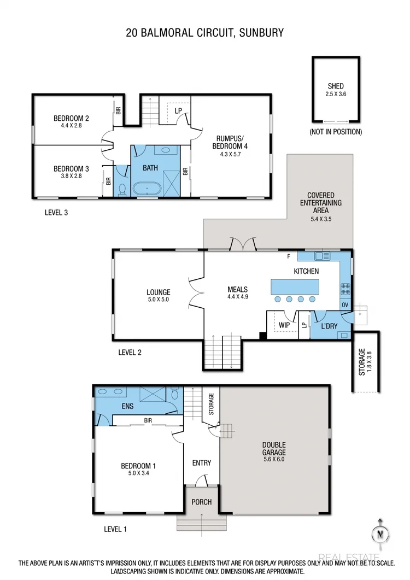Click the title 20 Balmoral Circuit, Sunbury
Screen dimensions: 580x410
(x=205, y=32)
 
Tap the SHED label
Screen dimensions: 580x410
(x=336, y=86)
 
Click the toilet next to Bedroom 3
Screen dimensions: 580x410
(x=122, y=189)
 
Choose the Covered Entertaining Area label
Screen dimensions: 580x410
(x=320, y=202)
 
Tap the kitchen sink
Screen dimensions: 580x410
(x=322, y=255)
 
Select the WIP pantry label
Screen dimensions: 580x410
(x=284, y=325)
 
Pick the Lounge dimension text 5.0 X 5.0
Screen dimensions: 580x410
(x=158, y=300)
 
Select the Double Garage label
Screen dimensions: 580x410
(x=274, y=452)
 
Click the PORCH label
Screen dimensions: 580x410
(x=201, y=502)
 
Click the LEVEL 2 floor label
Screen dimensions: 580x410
(x=130, y=352)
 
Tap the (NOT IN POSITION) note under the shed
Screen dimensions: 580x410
(x=336, y=132)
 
